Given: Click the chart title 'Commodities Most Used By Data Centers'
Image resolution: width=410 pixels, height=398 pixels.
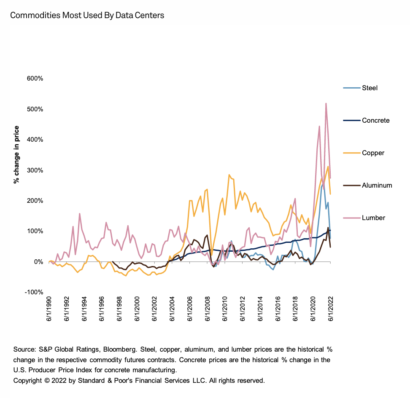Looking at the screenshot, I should click(87, 16).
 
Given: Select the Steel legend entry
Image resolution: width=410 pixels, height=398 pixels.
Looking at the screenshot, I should click(370, 88).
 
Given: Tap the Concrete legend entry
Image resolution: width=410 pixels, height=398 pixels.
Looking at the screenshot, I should click(375, 121).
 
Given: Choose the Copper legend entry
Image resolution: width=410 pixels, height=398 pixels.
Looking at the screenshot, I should click(373, 153).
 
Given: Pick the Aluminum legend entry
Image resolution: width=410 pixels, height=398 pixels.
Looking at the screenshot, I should click(377, 185).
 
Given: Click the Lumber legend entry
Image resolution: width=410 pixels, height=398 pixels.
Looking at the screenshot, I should click(373, 218).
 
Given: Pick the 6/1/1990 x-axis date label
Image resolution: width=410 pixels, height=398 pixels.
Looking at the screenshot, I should click(49, 311).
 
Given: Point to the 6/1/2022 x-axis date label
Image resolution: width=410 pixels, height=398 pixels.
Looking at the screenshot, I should click(331, 311).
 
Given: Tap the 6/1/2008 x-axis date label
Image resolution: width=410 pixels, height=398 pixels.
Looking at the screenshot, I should click(208, 311).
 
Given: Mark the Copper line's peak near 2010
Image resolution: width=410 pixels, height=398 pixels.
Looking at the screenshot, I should click(229, 175).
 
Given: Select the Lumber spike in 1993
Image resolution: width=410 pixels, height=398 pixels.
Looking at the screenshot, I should click(79, 214).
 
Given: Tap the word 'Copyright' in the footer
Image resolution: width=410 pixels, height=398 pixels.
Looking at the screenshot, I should click(27, 380).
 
